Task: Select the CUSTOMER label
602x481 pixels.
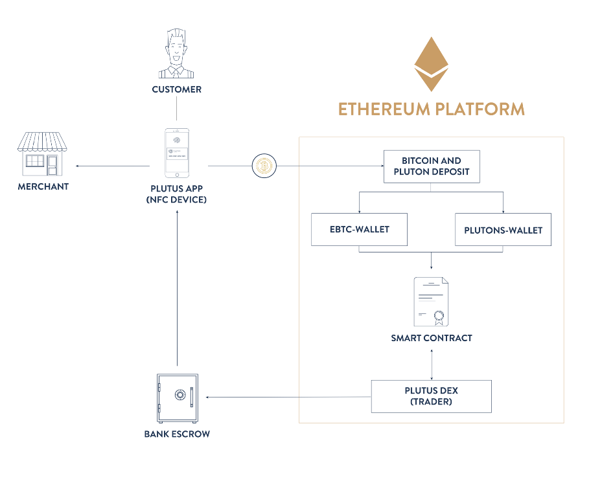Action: coord(176,89)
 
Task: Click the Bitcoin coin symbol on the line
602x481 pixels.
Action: coord(263,166)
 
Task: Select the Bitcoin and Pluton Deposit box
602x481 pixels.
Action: coord(431,166)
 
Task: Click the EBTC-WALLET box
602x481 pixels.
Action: coord(359,229)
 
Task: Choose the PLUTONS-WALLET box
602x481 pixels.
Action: coord(503,229)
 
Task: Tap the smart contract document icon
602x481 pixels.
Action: coord(431,302)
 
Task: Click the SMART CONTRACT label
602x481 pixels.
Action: coord(431,338)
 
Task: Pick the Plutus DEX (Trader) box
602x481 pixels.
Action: coord(431,396)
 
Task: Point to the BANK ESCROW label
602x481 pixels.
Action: coord(177,434)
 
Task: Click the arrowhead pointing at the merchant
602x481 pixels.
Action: coord(78,166)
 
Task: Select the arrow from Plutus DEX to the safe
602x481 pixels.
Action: coord(285,396)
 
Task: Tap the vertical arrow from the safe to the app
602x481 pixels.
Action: coord(177,291)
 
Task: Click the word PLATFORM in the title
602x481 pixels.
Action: coord(480,108)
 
